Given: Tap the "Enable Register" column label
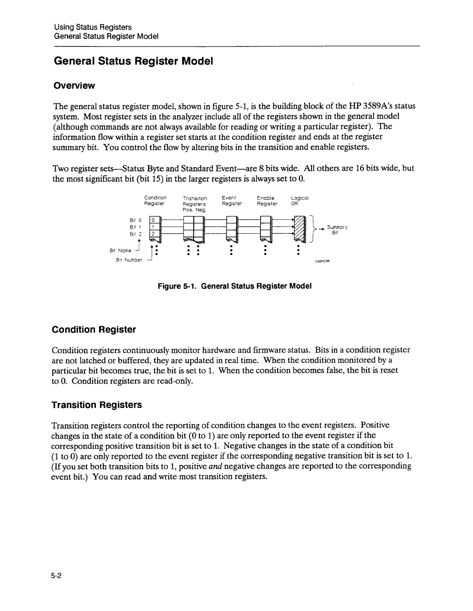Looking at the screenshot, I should click(x=267, y=201).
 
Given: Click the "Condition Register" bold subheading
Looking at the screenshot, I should click(x=94, y=329).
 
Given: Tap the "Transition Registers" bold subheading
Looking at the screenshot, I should click(x=97, y=405).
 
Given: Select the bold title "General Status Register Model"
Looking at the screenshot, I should click(x=133, y=61).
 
